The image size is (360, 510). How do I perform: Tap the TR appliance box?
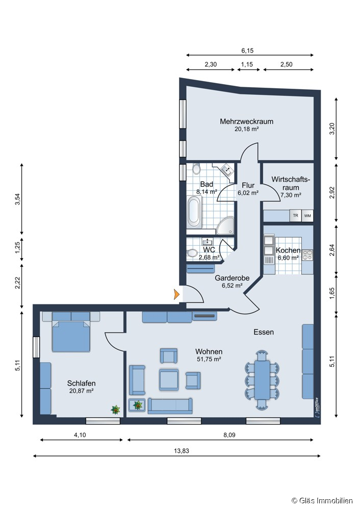[295, 216]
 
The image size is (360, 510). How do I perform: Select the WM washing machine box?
[307, 216]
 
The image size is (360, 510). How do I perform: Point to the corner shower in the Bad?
[225, 225]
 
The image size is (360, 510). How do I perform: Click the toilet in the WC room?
[192, 252]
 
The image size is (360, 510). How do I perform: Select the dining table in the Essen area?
[263, 379]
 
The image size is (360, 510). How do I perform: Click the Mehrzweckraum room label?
[247, 121]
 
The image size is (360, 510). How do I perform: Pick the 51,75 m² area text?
[209, 360]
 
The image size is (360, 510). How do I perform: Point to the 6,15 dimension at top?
[247, 50]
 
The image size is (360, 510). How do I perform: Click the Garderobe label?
[232, 278]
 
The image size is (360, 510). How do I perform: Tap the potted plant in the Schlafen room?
[116, 409]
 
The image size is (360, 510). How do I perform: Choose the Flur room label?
[248, 185]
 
